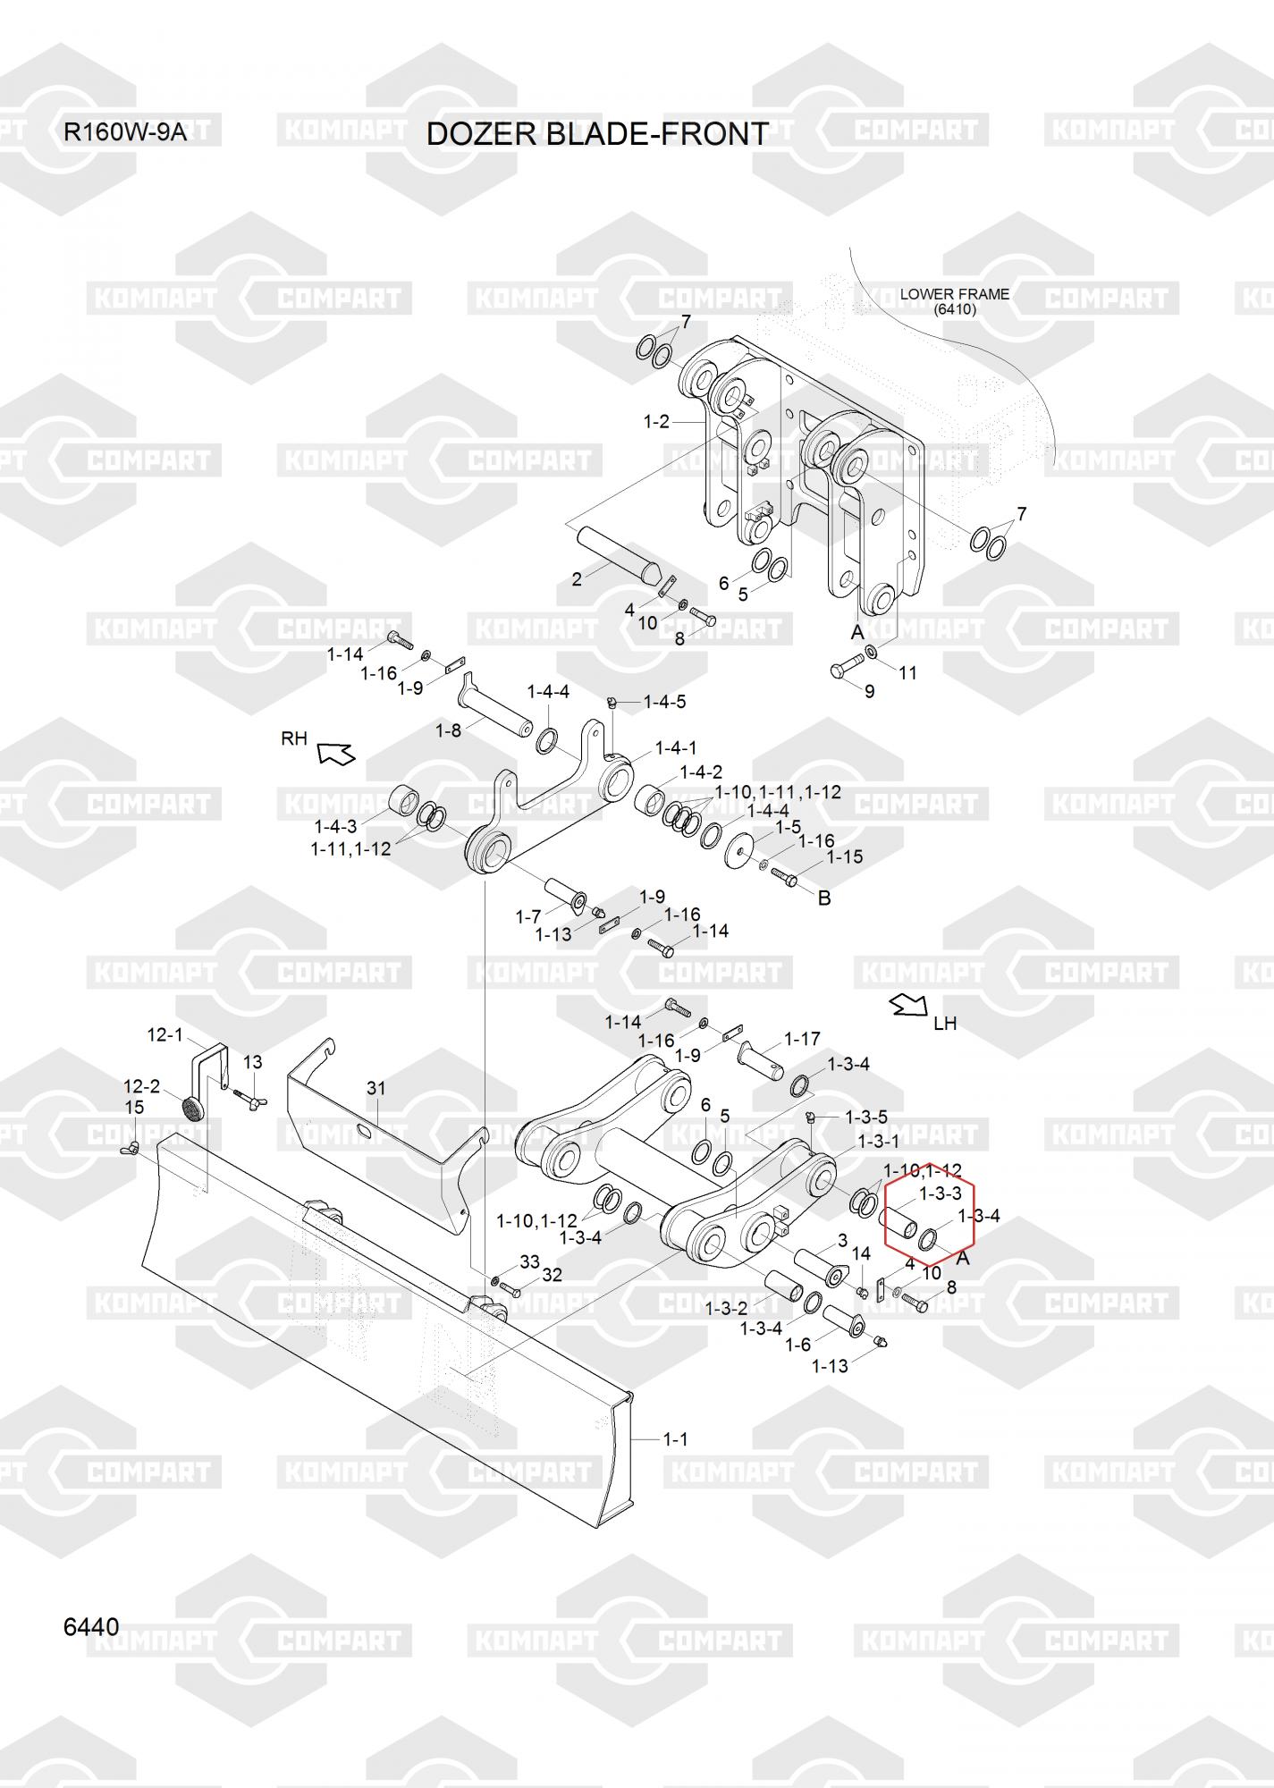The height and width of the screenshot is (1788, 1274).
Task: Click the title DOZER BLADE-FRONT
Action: click(596, 133)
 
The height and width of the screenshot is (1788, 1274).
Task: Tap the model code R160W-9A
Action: click(125, 133)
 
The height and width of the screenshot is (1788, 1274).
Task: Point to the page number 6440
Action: click(91, 1627)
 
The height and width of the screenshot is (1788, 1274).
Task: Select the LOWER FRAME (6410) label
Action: click(955, 301)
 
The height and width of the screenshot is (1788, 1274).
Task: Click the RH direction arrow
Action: click(337, 754)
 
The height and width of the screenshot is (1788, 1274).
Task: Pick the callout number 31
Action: click(376, 1089)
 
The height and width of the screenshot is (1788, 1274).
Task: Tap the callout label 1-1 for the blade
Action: click(675, 1439)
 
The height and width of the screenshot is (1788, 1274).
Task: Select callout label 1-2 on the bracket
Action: click(656, 421)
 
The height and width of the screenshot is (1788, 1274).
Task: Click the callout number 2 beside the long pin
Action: click(577, 579)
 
